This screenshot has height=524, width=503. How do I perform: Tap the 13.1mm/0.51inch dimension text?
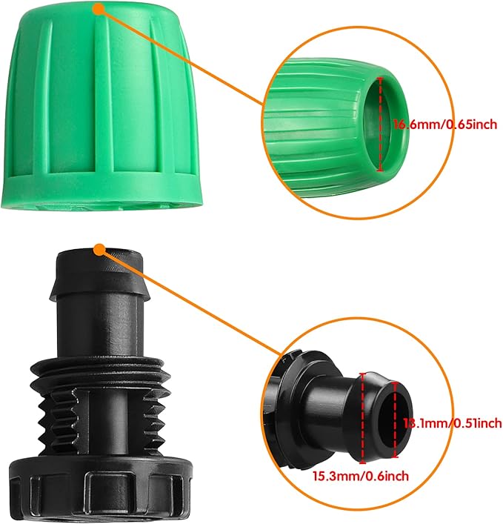pyautogui.click(x=451, y=423)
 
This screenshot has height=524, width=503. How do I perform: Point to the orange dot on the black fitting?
pyautogui.click(x=98, y=247)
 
